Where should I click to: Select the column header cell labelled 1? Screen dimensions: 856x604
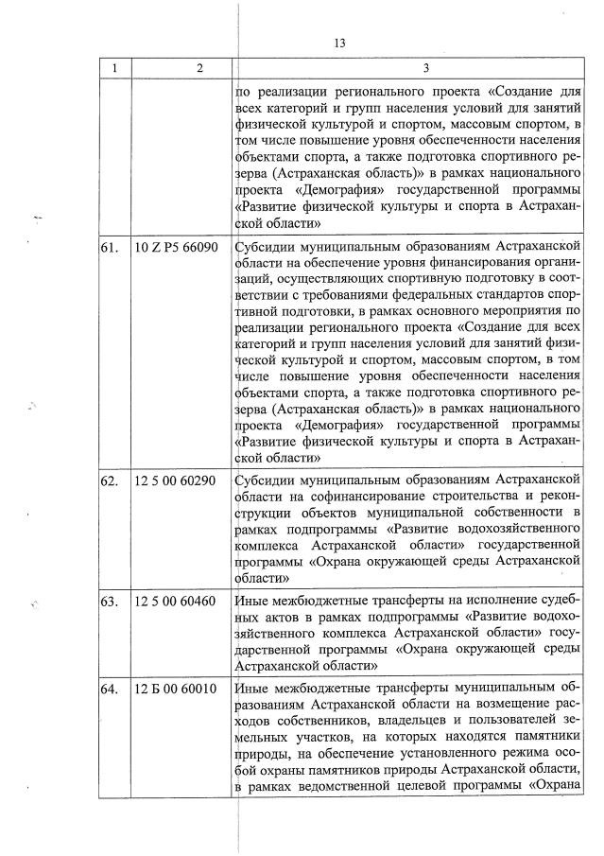pos(115,69)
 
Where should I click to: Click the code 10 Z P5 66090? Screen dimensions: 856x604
pos(177,247)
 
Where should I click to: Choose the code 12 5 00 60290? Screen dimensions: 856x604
pos(176,480)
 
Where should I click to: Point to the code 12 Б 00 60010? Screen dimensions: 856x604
pos(176,689)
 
